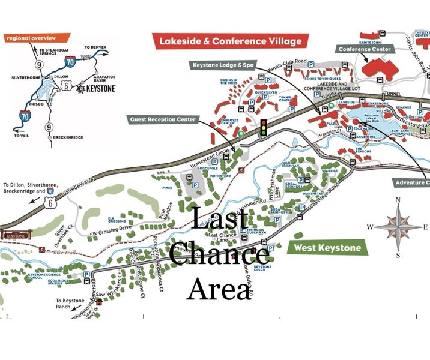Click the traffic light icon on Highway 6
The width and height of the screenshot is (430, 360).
(262, 129)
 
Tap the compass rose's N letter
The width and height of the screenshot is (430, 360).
(397, 200)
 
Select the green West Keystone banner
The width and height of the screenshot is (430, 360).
(327, 247)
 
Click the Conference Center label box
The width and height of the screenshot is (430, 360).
(365, 49)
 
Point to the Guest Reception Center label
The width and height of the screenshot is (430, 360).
(163, 119)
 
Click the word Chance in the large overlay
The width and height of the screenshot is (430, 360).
(219, 254)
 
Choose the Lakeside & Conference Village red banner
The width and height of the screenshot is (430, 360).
(231, 41)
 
